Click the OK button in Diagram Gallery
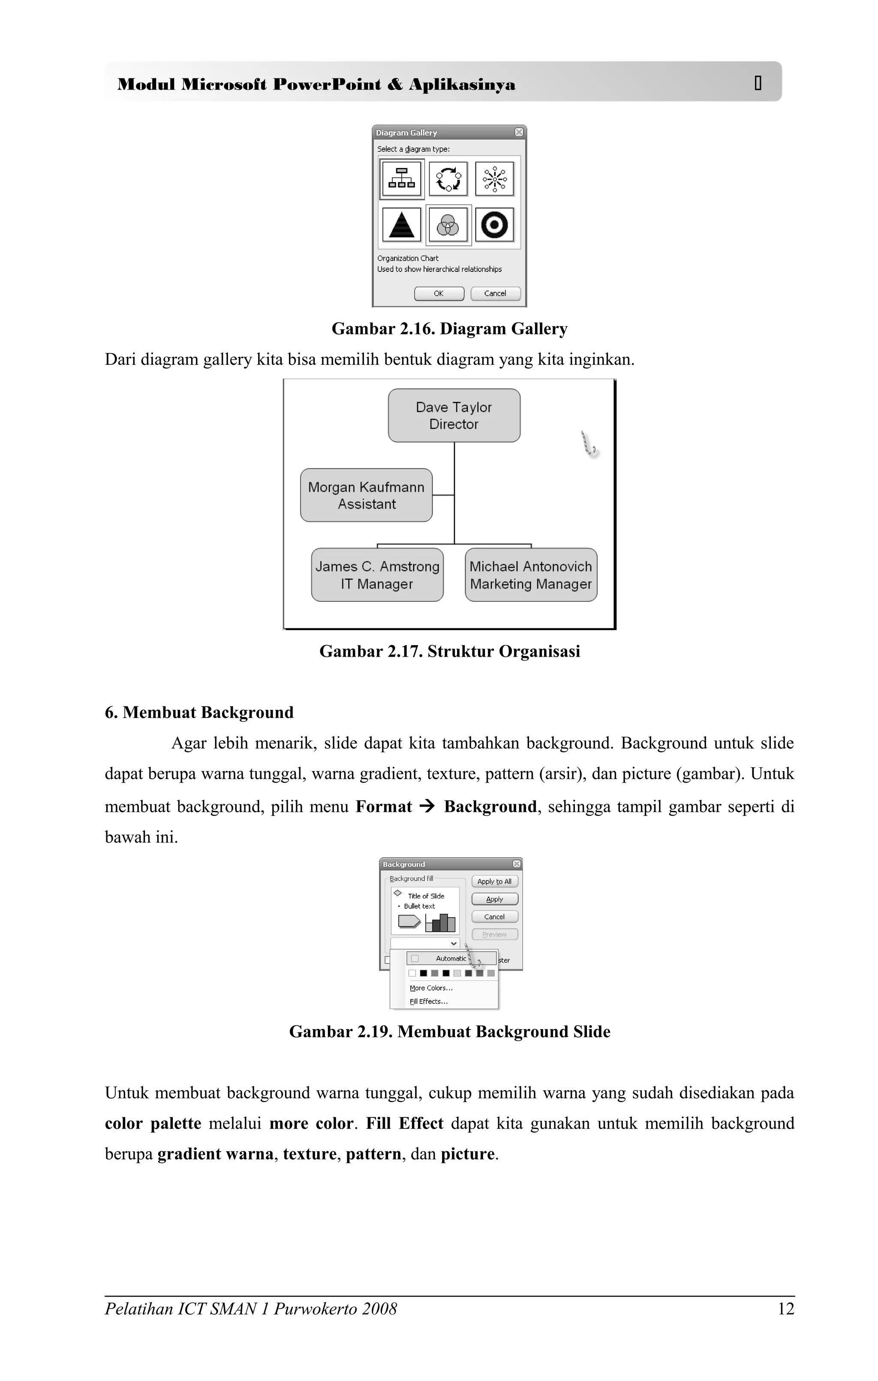(439, 294)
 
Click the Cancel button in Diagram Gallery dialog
(495, 294)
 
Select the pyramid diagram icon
(401, 225)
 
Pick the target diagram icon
(494, 225)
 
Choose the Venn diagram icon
(448, 225)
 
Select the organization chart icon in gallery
(401, 178)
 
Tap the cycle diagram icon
(448, 178)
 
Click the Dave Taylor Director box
(454, 415)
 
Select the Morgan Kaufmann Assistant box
(366, 495)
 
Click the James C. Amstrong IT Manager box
(377, 575)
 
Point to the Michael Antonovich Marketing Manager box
(530, 575)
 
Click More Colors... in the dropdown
(431, 988)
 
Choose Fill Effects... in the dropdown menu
(428, 1001)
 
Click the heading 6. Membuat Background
(199, 712)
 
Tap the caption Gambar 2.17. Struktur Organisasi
(450, 651)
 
